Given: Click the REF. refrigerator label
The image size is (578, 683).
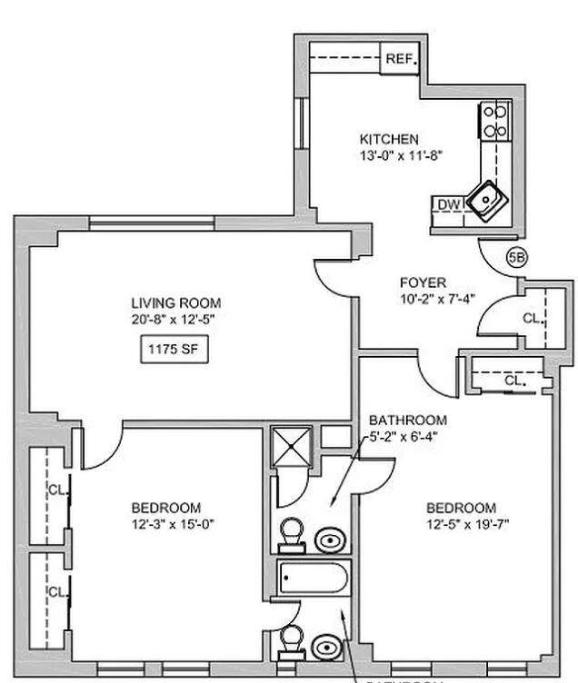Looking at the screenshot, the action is point(400,59).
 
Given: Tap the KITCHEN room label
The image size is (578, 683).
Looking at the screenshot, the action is point(389,139).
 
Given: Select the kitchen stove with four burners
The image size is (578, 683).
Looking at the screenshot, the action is point(495,121).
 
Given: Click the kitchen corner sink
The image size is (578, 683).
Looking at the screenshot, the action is point(486,196).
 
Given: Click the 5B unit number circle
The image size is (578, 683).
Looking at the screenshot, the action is point(516,258).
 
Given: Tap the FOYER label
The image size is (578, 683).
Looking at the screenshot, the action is point(424,282).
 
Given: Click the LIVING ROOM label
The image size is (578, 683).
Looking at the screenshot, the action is point(175,303).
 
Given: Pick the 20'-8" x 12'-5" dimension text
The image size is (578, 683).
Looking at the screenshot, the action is point(175,319).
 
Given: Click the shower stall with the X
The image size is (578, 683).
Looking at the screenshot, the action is point(293,448).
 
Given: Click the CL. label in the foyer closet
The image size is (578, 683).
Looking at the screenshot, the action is point(533,319).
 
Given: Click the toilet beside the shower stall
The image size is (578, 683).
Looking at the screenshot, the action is point(292,534).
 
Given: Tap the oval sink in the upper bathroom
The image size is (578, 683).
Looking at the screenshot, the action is point(329,540).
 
